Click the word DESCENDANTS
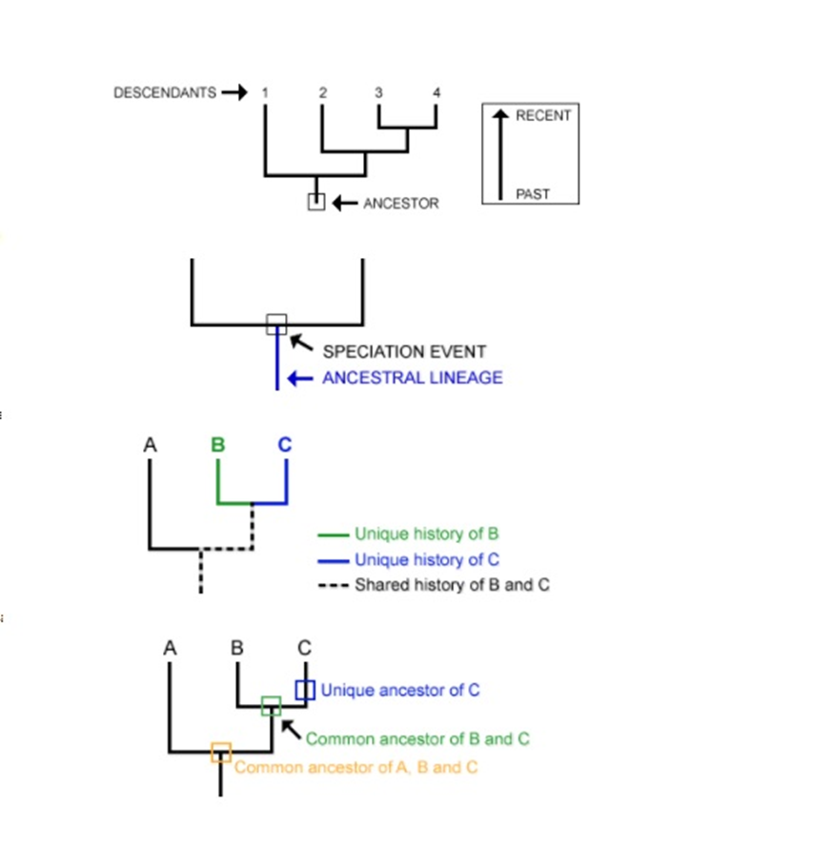pos(164,92)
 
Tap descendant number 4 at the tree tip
pos(437,92)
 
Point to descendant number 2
pos(322,92)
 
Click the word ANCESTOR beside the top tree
pos(400,203)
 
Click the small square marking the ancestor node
pos(316,202)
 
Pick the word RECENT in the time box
pos(543,115)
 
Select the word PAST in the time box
pos(533,193)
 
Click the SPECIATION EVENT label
pos(404,352)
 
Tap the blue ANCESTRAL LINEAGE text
pos(412,377)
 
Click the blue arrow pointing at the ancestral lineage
pos(300,378)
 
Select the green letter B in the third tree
pos(218,444)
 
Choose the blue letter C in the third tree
pos(286,444)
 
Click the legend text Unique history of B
pos(426,533)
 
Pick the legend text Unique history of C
pos(426,559)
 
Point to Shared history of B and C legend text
pos(452,585)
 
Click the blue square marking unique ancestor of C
pos(304,690)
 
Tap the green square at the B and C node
pos(272,706)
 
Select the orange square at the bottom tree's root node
pos(221,752)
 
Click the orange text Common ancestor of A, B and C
pos(356,767)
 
